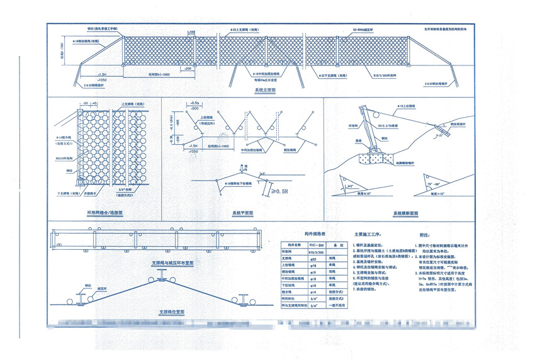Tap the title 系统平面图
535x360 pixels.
click(242, 213)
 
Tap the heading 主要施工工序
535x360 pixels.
click(371, 232)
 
